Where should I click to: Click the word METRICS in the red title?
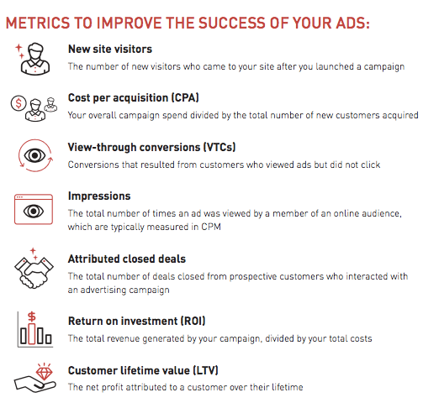pyautogui.click(x=38, y=23)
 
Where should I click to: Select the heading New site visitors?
pyautogui.click(x=110, y=49)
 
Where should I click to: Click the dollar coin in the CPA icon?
pyautogui.click(x=19, y=103)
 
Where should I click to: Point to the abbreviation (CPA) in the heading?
pyautogui.click(x=185, y=97)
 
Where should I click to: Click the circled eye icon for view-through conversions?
pyautogui.click(x=34, y=155)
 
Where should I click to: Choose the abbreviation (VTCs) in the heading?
pyautogui.click(x=219, y=147)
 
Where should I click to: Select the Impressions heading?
pyautogui.click(x=99, y=196)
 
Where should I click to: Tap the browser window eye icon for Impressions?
pyautogui.click(x=34, y=209)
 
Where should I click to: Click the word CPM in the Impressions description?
pyautogui.click(x=211, y=227)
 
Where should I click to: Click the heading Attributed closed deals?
pyautogui.click(x=127, y=259)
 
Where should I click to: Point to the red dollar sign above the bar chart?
pyautogui.click(x=32, y=316)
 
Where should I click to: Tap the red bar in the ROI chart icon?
pyautogui.click(x=32, y=334)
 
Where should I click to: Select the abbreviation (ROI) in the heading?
pyautogui.click(x=193, y=321)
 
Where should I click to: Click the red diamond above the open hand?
pyautogui.click(x=45, y=373)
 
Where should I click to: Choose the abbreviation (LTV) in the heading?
pyautogui.click(x=205, y=370)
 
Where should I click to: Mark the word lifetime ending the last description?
pyautogui.click(x=288, y=387)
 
